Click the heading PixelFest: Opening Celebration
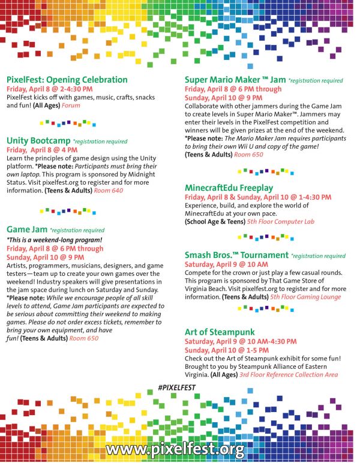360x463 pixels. pyautogui.click(x=67, y=79)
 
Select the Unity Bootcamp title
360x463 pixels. pyautogui.click(x=38, y=141)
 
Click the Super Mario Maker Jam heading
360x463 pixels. pyautogui.click(x=235, y=79)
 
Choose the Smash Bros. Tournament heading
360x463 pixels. pyautogui.click(x=236, y=255)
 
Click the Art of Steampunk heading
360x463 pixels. pyautogui.click(x=220, y=332)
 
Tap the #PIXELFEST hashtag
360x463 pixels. pyautogui.click(x=177, y=388)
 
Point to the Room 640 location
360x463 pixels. pyautogui.click(x=108, y=191)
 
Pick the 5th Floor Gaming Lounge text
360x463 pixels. pyautogui.click(x=305, y=297)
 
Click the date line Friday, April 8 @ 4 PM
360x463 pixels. pyautogui.click(x=42, y=149)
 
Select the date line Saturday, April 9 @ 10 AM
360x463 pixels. pyautogui.click(x=226, y=264)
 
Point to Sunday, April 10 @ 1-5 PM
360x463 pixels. pyautogui.click(x=218, y=350)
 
